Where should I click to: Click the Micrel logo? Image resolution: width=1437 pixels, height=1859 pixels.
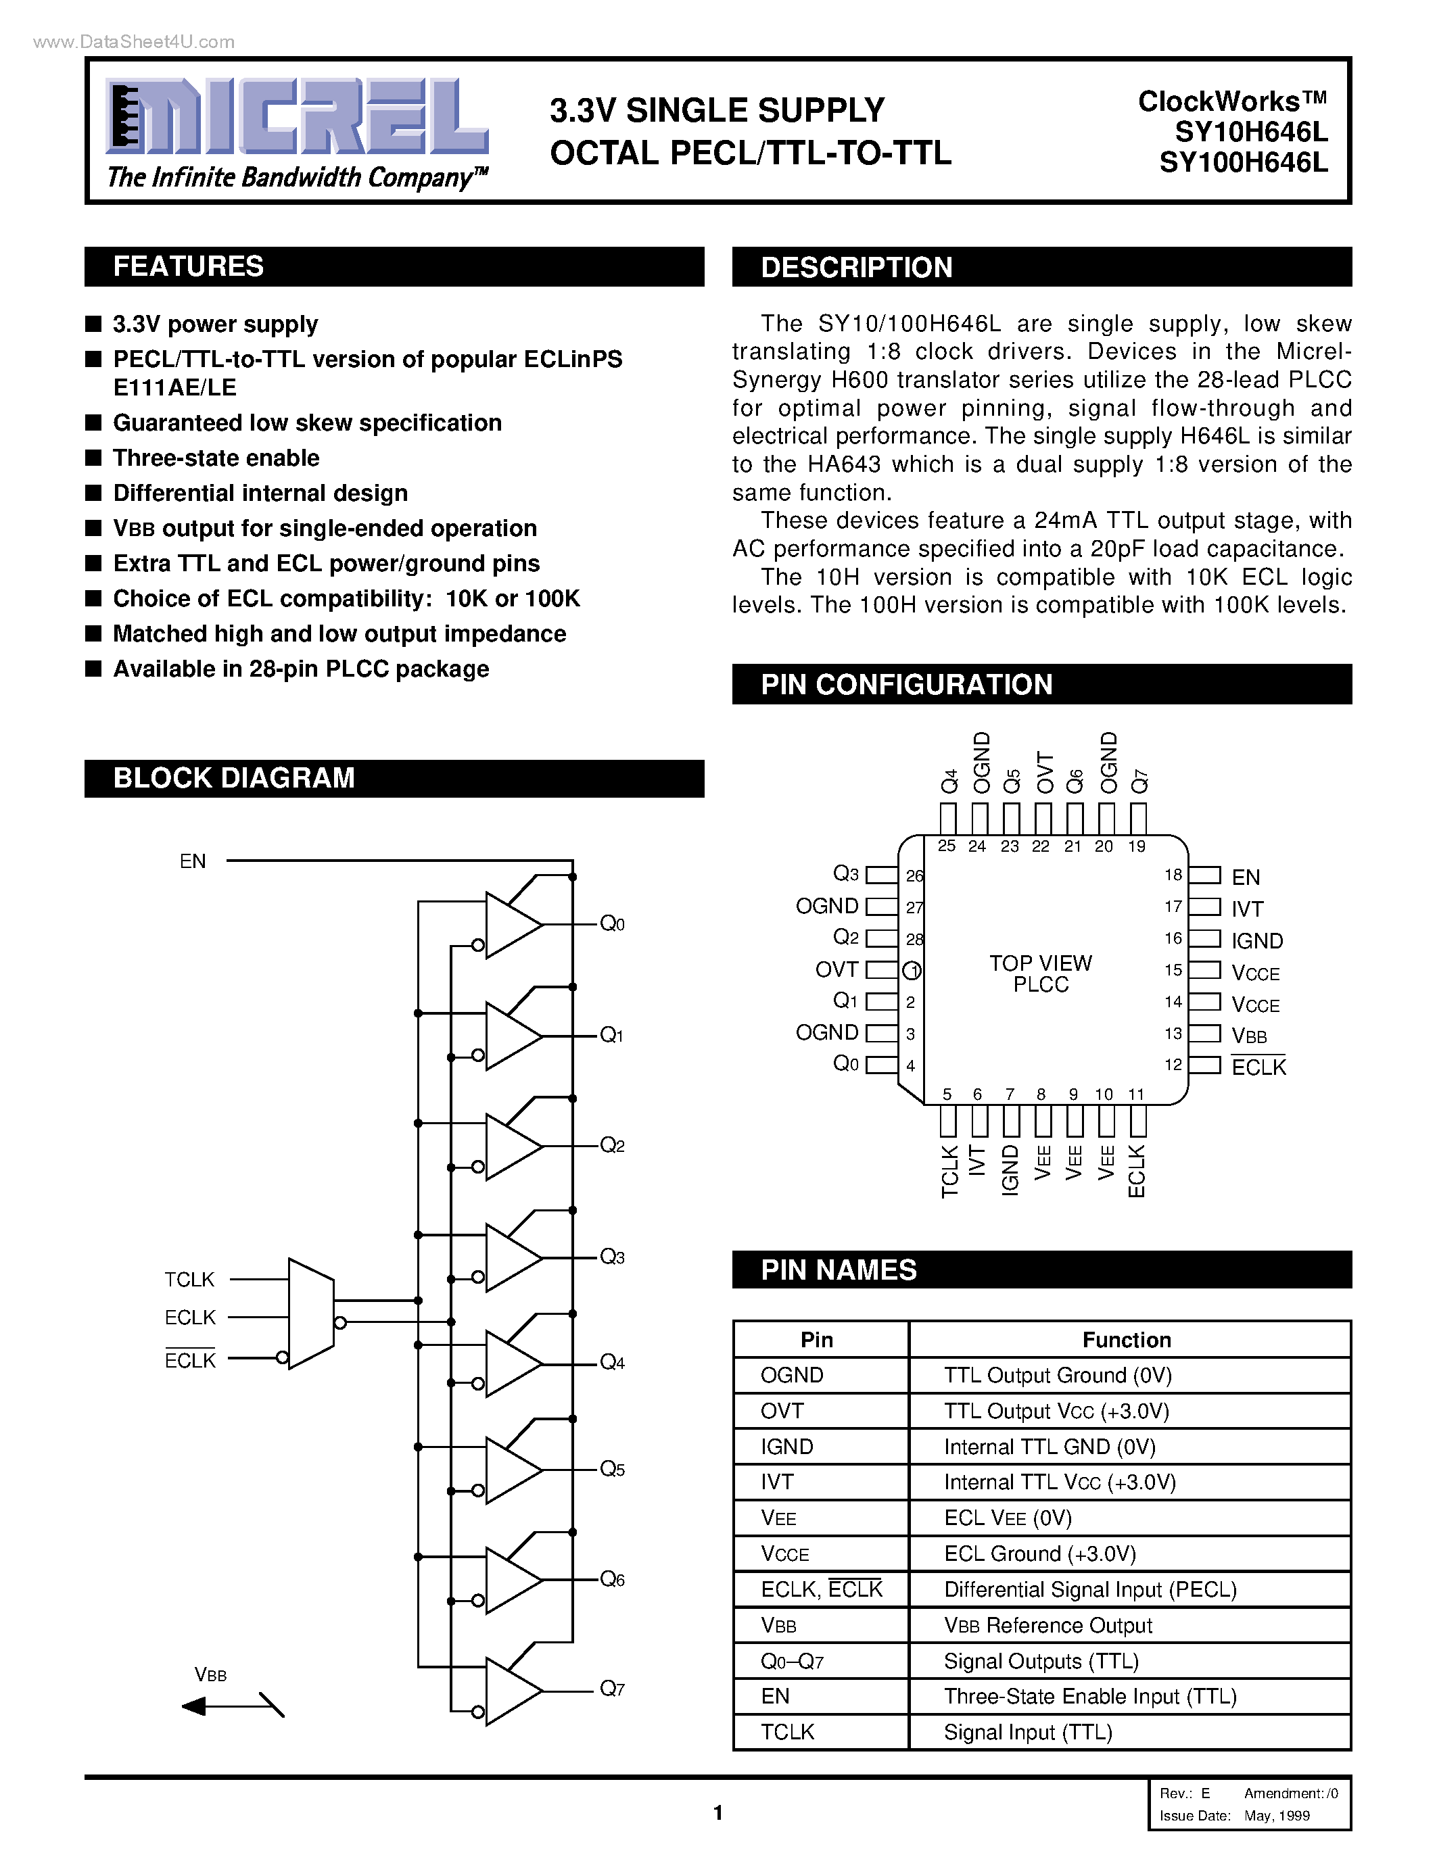point(296,118)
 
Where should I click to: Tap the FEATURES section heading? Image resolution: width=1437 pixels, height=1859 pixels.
point(188,266)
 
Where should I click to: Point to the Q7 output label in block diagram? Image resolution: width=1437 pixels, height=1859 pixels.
point(612,1689)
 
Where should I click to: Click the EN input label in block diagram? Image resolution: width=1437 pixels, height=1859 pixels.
point(193,861)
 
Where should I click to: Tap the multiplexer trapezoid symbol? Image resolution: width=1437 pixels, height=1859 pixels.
point(310,1313)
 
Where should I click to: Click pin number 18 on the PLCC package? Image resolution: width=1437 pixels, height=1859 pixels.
point(1173,875)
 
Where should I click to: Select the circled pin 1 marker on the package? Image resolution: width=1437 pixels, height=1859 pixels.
point(912,970)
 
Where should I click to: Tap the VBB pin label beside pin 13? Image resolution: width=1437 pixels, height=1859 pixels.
point(1249,1036)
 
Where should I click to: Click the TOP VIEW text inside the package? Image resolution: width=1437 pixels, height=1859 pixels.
point(1040,963)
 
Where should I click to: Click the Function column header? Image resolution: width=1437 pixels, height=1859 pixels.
point(1127,1340)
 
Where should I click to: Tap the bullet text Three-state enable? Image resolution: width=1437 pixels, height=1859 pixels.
point(216,458)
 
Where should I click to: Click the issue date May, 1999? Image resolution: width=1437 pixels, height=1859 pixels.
point(1276,1816)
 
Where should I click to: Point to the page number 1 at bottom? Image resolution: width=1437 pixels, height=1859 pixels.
point(717,1813)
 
